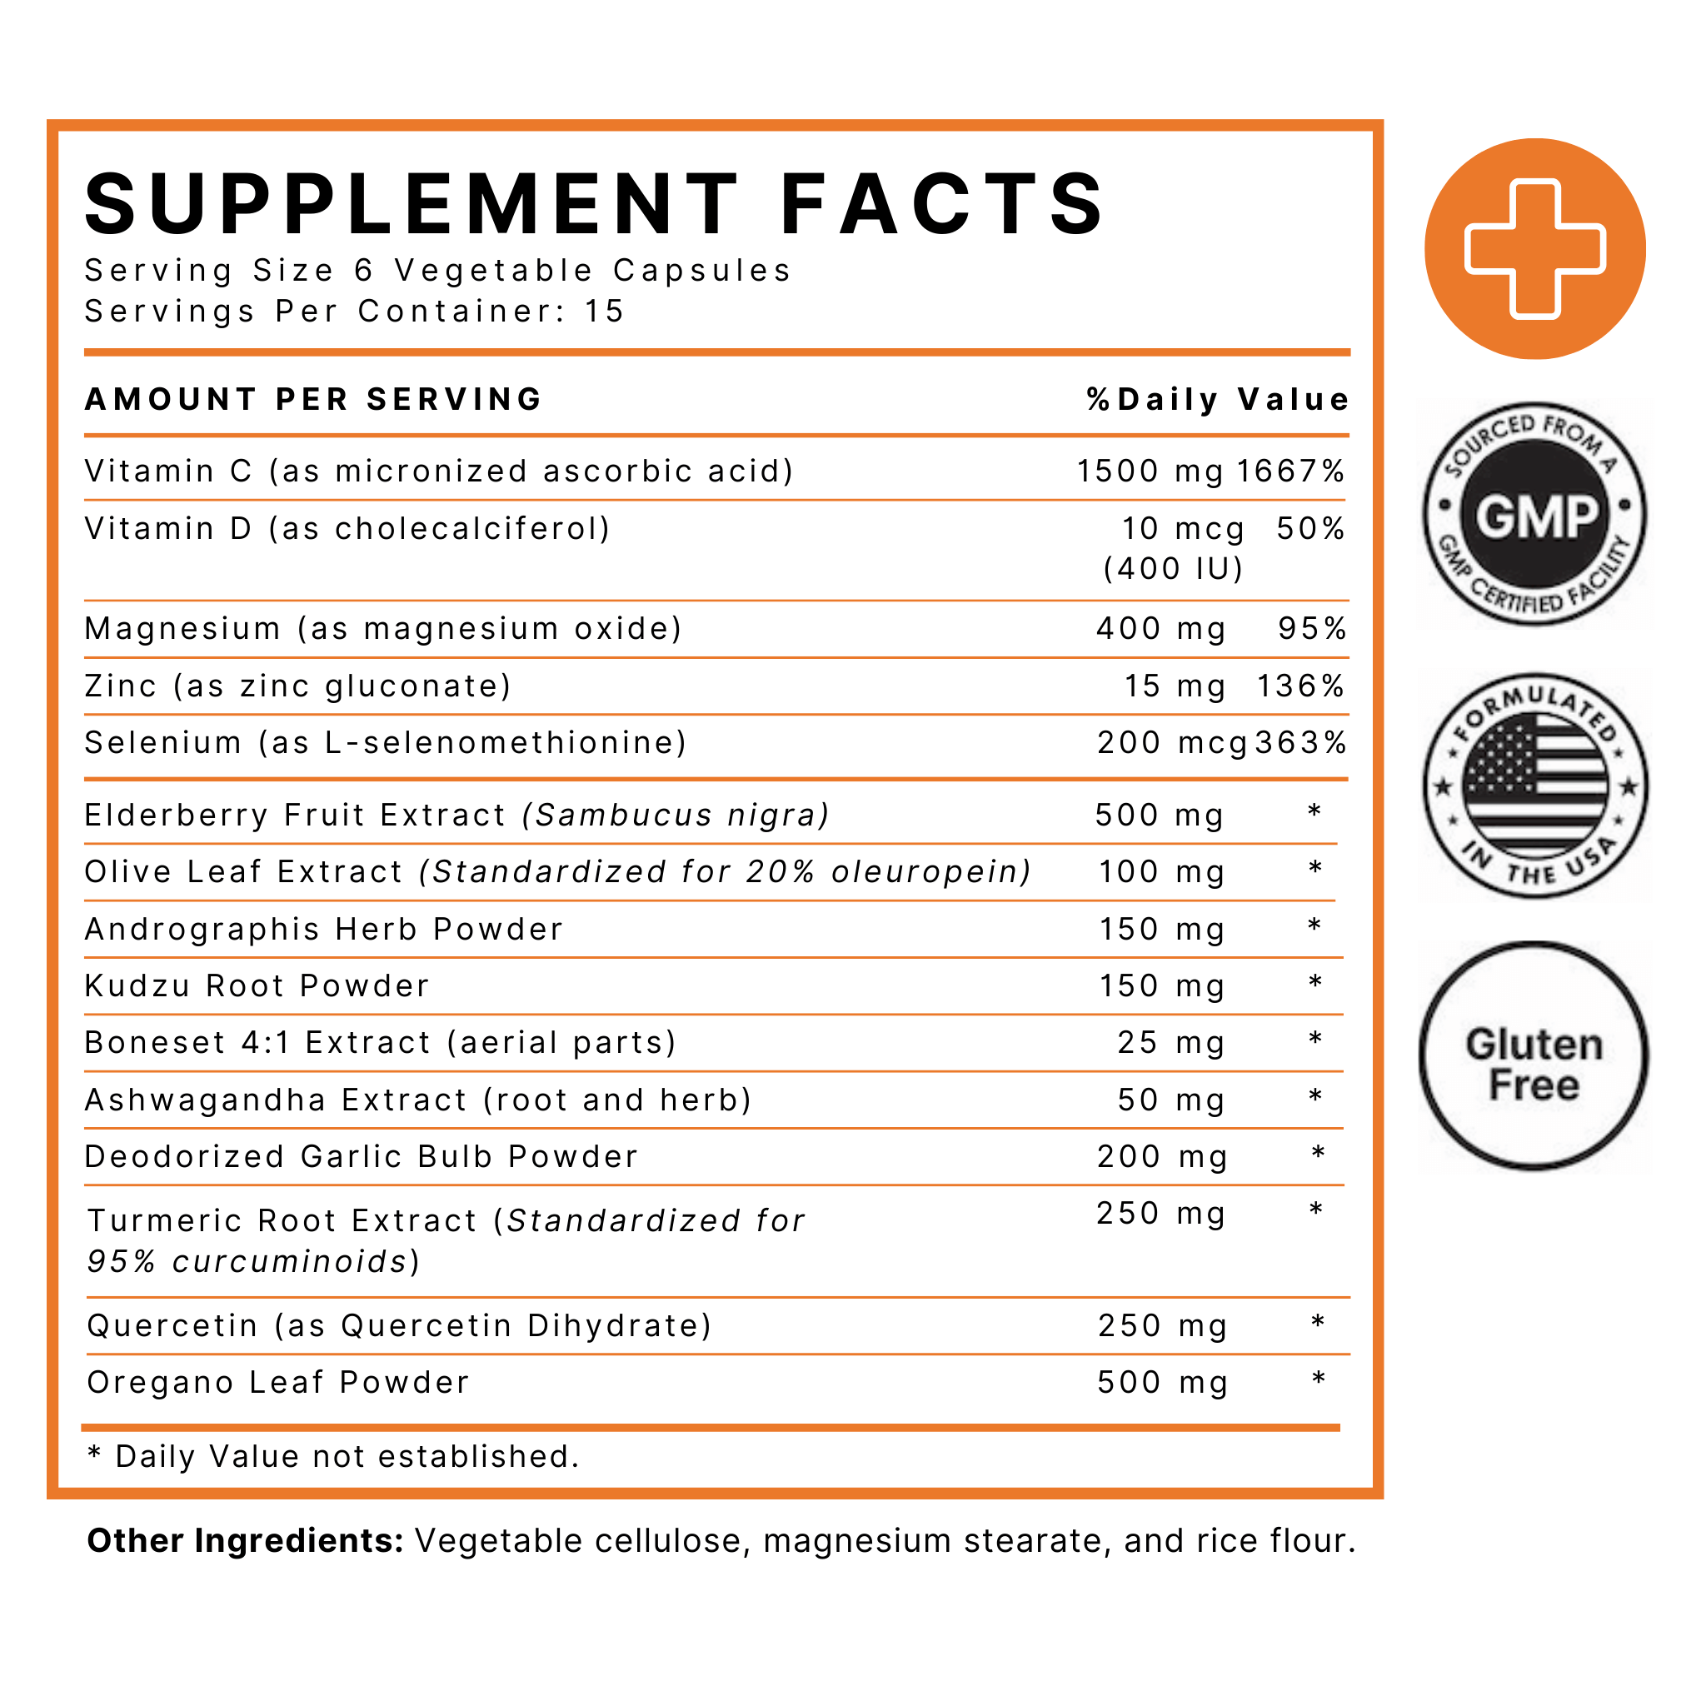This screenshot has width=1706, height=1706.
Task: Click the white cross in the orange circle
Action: click(x=1534, y=249)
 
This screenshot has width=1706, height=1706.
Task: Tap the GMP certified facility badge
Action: click(x=1534, y=515)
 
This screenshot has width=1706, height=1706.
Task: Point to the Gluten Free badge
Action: click(x=1534, y=1056)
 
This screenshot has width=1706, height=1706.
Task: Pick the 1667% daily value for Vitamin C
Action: click(x=1290, y=471)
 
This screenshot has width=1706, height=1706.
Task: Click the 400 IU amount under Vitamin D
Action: click(x=1174, y=569)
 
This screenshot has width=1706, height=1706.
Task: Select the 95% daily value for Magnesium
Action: click(x=1312, y=629)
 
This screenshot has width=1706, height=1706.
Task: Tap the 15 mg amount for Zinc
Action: click(x=1175, y=686)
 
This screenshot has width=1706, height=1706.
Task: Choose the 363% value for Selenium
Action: click(x=1300, y=742)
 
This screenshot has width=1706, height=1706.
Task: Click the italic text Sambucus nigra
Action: click(x=676, y=815)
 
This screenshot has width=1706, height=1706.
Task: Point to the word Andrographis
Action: click(x=202, y=930)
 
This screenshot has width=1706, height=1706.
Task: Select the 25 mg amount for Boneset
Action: click(x=1171, y=1043)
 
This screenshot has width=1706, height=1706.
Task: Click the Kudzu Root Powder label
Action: click(x=257, y=986)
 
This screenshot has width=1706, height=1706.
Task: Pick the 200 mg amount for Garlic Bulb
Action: click(x=1162, y=1157)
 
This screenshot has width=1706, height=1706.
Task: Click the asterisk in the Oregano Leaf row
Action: click(x=1319, y=1380)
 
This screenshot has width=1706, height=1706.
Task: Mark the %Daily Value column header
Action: click(x=1218, y=400)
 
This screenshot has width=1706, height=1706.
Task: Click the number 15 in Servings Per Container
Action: click(x=604, y=312)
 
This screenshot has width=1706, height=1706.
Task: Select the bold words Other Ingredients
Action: click(x=246, y=1541)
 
